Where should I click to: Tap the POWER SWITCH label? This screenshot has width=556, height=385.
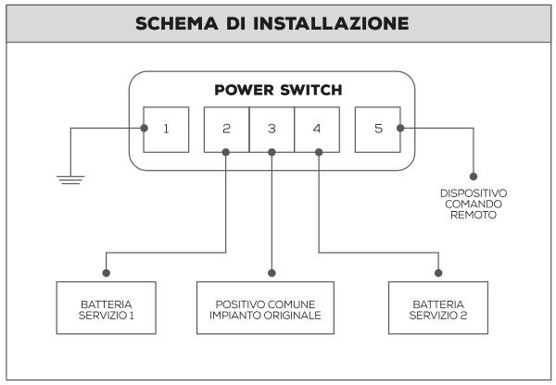[x=278, y=91]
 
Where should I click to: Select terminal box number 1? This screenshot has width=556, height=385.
[x=166, y=129]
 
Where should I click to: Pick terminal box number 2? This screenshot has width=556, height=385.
[x=226, y=129]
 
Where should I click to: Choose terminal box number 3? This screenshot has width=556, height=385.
[x=272, y=129]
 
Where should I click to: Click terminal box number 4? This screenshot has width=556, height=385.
[x=317, y=129]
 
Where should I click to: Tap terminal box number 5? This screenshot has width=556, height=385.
[x=378, y=129]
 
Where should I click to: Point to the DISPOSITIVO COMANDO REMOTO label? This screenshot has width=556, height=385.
[x=474, y=204]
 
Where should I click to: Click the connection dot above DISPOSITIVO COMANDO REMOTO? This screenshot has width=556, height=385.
[x=474, y=175]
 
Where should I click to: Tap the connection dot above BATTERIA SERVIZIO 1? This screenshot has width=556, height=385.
[x=107, y=273]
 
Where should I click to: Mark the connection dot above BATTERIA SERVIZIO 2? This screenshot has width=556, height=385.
[x=438, y=273]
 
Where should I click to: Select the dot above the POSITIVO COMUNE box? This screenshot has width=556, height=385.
[x=272, y=273]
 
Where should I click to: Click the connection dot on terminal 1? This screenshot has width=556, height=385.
[x=144, y=129]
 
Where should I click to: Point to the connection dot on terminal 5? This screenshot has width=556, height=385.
[x=400, y=129]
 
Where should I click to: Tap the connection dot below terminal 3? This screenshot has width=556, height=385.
[x=272, y=151]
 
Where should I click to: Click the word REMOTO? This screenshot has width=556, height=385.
[x=474, y=216]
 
